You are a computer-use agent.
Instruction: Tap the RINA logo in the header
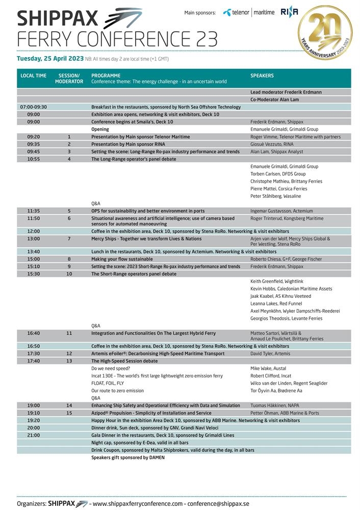pos(289,13)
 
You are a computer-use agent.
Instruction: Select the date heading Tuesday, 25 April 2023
pos(50,59)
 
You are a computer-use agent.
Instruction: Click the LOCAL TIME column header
pos(33,75)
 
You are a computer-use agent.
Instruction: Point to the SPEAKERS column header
pos(262,75)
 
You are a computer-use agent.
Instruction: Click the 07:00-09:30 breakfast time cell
pos(33,107)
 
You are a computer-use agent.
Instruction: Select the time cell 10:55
pos(33,159)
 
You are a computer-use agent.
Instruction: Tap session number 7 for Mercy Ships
pos(69,239)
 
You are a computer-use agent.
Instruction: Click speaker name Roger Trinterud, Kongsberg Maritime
pos(287,218)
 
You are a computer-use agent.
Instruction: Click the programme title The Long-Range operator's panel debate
pos(133,159)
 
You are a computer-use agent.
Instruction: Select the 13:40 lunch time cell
pos(33,251)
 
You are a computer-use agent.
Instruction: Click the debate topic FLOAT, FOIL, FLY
pos(107,383)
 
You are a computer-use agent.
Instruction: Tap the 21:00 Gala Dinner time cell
pos(33,435)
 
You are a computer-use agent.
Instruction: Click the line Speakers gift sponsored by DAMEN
pos(128,457)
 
